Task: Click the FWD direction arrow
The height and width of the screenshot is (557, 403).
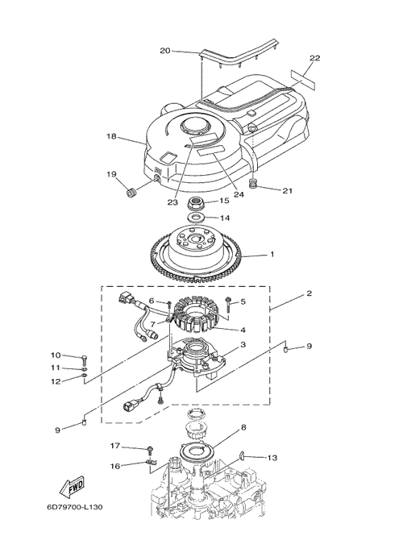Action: pos(72,486)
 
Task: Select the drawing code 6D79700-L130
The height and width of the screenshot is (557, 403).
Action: pos(75,507)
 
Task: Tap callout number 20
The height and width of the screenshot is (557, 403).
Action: pos(165,51)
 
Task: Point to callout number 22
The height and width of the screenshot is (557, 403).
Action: pos(314,57)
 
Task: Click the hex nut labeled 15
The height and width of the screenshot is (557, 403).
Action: pos(196,204)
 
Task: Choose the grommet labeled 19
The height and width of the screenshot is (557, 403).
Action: pos(132,193)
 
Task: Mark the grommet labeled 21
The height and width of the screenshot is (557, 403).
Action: pos(252,185)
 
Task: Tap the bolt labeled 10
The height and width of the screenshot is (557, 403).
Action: pos(85,360)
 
